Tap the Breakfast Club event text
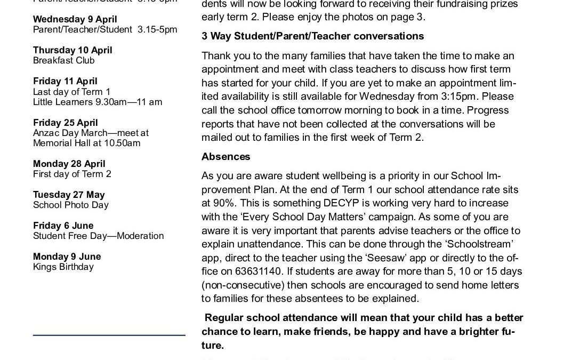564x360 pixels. click(63, 60)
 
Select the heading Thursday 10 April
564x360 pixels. click(72, 50)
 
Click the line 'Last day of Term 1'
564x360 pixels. click(71, 92)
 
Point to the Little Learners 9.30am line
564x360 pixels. click(98, 102)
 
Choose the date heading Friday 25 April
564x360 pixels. click(65, 123)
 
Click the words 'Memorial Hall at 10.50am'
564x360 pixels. click(86, 143)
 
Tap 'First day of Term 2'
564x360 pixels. click(72, 174)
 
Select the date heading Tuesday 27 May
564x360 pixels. click(69, 195)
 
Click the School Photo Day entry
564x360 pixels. click(70, 205)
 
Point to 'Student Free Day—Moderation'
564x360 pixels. click(98, 236)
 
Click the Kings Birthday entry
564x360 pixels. click(63, 267)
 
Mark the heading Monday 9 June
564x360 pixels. click(67, 257)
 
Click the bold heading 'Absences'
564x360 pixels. click(226, 157)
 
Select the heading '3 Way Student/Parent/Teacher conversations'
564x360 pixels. click(312, 36)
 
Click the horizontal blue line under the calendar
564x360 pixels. click(109, 335)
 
